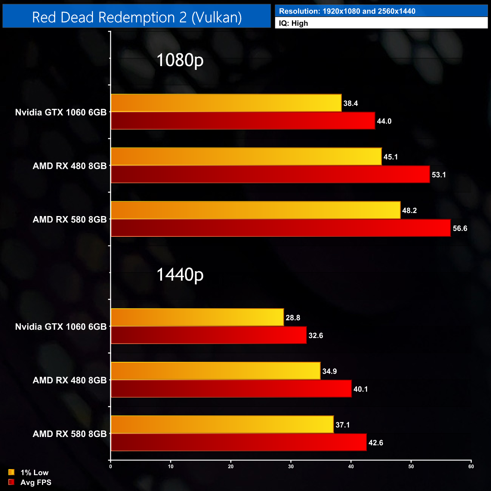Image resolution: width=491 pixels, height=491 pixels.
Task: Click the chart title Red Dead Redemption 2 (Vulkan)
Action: coord(137,17)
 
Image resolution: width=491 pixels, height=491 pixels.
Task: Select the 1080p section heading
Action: coord(180,60)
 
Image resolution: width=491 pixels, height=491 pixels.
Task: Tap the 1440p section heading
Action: coord(180,275)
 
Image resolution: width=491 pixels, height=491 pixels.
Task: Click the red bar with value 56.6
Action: coord(281,228)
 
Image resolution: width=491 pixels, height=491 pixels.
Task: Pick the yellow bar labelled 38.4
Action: coord(226,103)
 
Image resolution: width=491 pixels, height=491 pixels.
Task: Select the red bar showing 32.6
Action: coord(208,335)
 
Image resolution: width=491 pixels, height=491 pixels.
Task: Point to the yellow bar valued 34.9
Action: coord(215,371)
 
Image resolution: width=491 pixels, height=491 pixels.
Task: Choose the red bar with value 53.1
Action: coord(270,174)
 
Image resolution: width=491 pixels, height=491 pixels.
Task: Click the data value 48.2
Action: coord(409,210)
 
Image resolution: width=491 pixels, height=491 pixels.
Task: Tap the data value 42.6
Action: coord(376,443)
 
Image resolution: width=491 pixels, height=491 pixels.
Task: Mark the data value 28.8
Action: coord(293,318)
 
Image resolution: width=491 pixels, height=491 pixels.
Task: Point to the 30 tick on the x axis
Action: coord(291,466)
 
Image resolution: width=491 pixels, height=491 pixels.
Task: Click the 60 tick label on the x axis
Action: coord(471,466)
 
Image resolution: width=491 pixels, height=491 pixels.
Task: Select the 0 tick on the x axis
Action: coord(111,466)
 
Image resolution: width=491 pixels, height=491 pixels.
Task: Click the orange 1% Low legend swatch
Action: coord(11,472)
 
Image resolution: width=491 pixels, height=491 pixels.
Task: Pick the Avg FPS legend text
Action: coord(36,482)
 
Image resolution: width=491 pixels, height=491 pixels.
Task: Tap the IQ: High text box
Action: coord(381,23)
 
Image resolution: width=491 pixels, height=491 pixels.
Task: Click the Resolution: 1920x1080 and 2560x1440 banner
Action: coord(381,11)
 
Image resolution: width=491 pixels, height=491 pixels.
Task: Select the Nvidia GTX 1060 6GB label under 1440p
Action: coord(61,327)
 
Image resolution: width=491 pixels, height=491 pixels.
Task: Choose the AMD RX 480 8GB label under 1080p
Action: coord(69,166)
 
